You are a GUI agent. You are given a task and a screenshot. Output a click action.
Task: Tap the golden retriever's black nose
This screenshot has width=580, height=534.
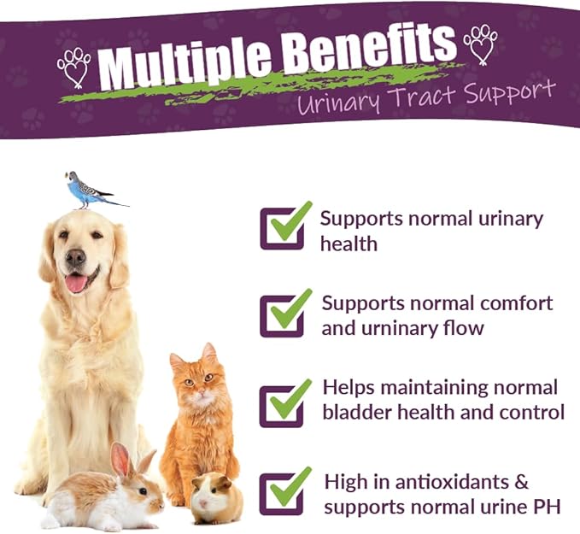click(x=76, y=257)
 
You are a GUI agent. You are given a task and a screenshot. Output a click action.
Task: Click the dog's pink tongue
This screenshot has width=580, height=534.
click(x=77, y=283)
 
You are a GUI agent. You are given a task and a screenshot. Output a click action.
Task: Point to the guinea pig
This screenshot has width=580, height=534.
click(x=214, y=497)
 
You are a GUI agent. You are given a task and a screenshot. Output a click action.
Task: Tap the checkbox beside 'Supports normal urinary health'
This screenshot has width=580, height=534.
click(x=283, y=227)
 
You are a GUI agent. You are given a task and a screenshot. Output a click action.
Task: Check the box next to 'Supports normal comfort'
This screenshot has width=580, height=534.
click(x=283, y=315)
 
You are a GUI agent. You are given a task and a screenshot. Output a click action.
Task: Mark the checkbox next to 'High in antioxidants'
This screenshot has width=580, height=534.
click(x=283, y=493)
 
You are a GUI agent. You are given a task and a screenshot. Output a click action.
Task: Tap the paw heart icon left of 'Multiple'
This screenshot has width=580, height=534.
click(x=74, y=67)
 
